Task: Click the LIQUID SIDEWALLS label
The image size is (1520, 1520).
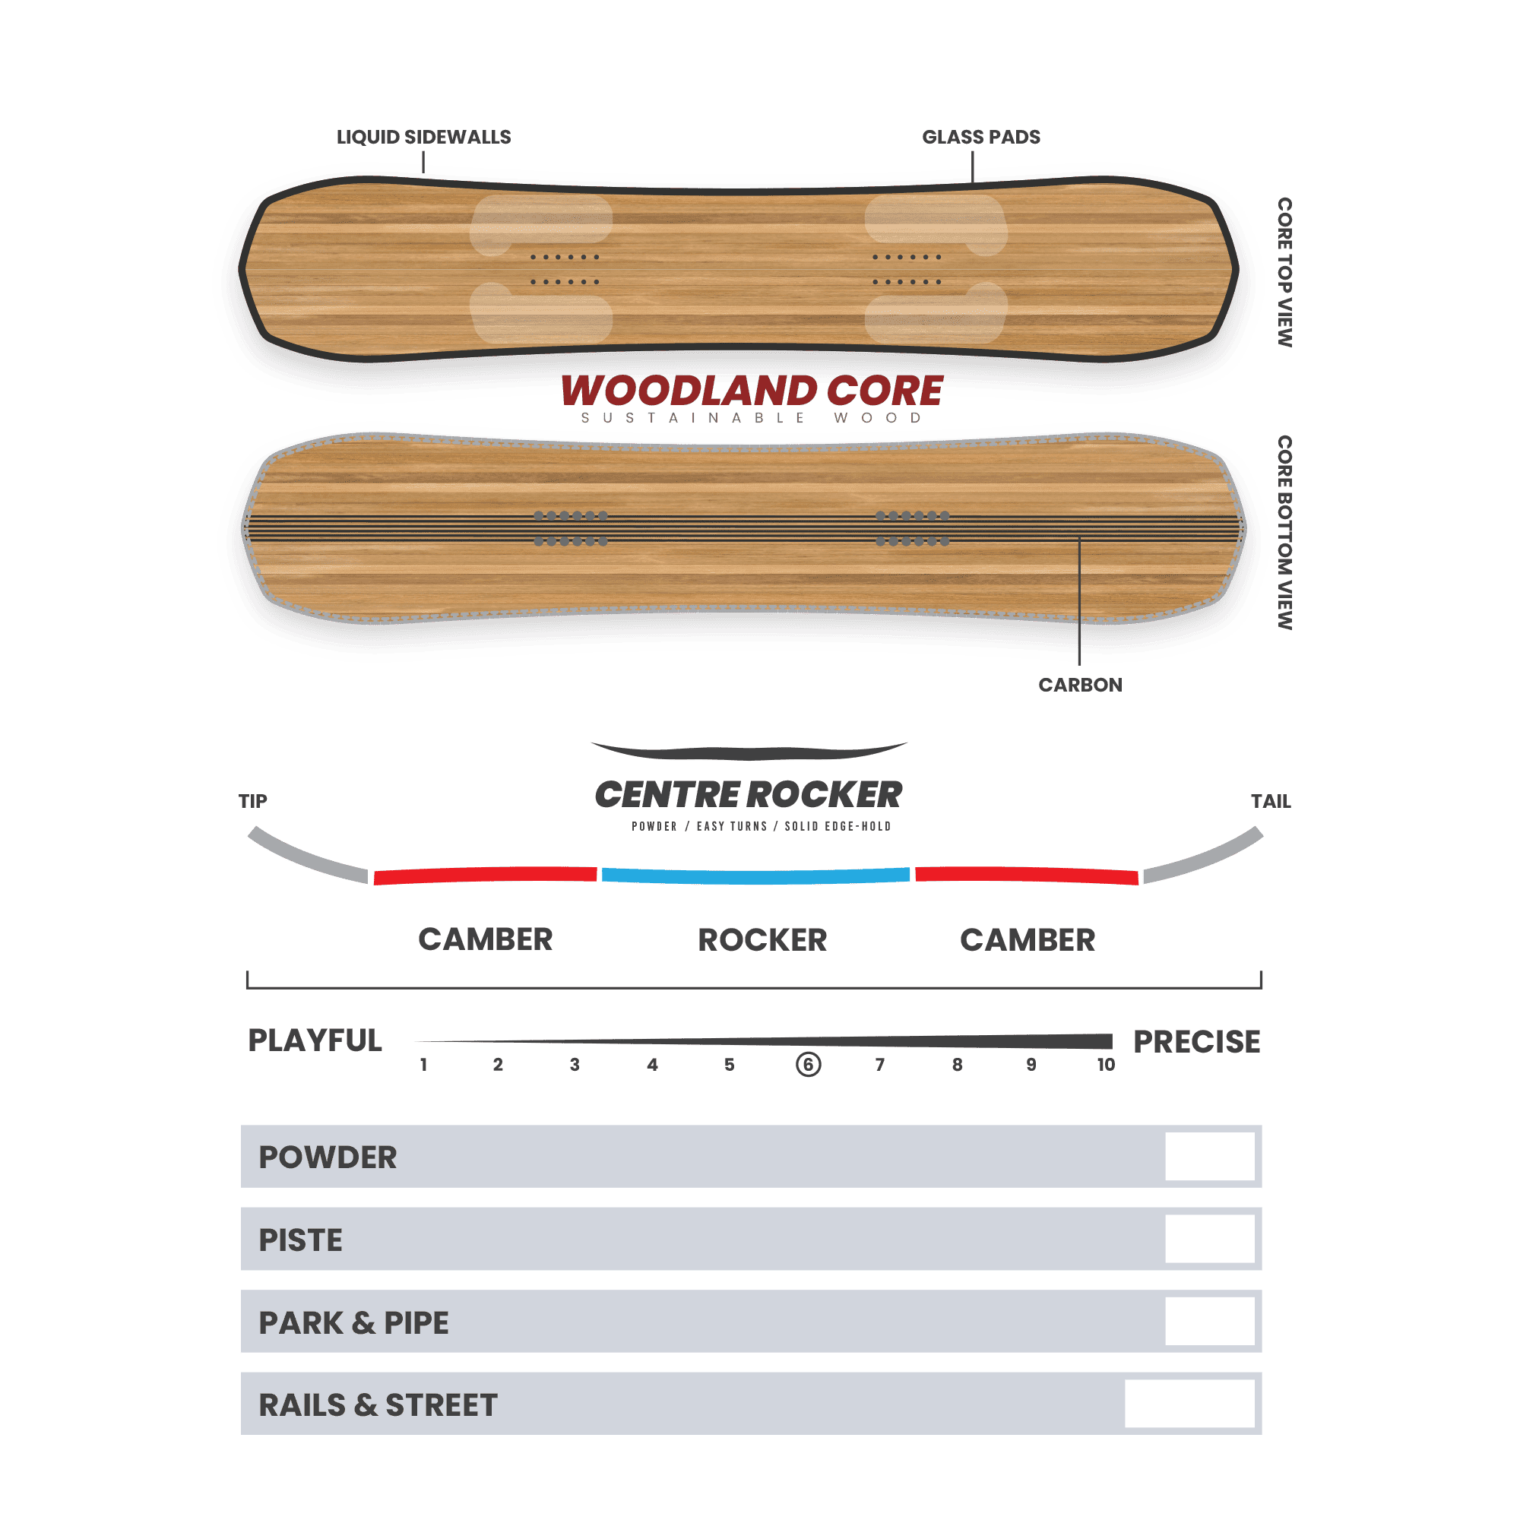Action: click(423, 137)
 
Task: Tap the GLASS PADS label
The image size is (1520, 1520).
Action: click(981, 137)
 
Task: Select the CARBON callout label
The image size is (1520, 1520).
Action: click(1080, 685)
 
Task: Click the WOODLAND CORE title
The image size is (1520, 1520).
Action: click(752, 390)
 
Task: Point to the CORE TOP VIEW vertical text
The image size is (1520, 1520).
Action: click(1284, 272)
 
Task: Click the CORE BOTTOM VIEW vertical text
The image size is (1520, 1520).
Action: click(1284, 533)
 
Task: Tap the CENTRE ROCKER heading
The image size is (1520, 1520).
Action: click(748, 795)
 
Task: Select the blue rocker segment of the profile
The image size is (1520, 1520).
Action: click(755, 876)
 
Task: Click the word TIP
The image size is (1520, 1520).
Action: click(252, 801)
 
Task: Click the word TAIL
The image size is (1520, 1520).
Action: click(1271, 801)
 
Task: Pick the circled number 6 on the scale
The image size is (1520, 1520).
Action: click(808, 1065)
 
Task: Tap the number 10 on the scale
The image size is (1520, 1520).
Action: click(1106, 1065)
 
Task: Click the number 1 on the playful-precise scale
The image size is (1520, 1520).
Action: click(423, 1065)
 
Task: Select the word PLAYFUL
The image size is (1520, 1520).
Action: click(315, 1040)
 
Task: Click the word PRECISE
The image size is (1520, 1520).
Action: click(1197, 1042)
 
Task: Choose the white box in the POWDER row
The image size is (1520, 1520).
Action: click(1210, 1157)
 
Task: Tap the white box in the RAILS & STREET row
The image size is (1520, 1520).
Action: click(1189, 1404)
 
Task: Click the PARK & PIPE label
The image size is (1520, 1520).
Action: click(353, 1322)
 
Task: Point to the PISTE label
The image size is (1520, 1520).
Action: click(300, 1240)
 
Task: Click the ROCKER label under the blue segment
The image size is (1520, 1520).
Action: click(762, 940)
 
